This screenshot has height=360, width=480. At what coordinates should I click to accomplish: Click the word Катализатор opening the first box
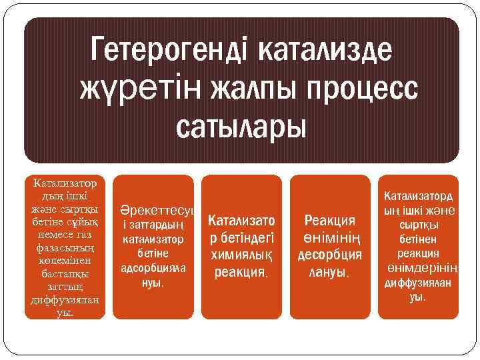coord(65,183)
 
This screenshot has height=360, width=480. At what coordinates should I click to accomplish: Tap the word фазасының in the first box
coord(65,247)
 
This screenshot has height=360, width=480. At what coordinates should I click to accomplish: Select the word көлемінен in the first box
coord(65,259)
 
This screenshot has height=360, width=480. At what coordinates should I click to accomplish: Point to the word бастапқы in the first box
coord(65,273)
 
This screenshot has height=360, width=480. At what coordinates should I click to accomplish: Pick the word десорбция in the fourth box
coord(329,255)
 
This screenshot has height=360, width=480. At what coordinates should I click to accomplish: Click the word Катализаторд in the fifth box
coord(419,197)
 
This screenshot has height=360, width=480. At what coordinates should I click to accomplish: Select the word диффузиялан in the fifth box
coord(417,283)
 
